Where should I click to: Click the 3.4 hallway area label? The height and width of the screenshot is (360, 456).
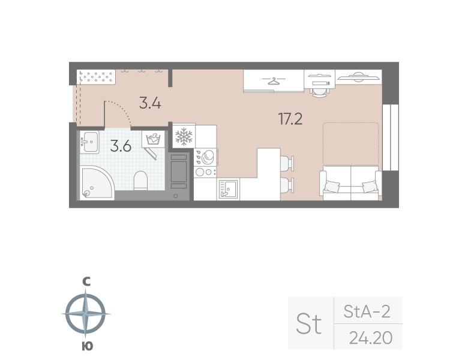[x=150, y=103]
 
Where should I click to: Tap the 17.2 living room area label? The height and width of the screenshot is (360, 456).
[x=290, y=118]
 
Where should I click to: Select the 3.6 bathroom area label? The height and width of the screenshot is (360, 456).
[x=121, y=145]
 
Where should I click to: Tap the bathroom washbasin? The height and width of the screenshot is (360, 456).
[x=90, y=143]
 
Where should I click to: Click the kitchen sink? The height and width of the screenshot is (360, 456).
[x=228, y=189]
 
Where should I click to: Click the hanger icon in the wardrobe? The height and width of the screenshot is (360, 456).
[x=274, y=80]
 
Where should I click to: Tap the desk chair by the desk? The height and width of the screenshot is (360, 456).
[x=319, y=90]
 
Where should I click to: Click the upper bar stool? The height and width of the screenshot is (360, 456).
[x=287, y=162]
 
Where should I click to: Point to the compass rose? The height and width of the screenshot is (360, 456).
[x=86, y=314]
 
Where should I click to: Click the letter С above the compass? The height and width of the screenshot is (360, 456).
[x=86, y=281]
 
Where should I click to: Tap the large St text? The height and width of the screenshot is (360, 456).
[x=309, y=325]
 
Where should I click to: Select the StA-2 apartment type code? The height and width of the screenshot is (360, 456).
[x=367, y=311]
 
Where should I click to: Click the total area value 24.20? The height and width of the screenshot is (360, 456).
[x=370, y=338]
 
